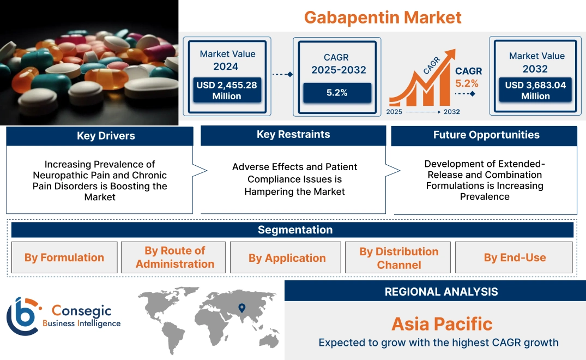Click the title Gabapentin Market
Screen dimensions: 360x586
point(382,17)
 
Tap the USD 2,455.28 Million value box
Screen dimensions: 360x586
point(227,91)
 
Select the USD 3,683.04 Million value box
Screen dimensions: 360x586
point(535,91)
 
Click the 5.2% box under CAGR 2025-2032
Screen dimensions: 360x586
point(337,93)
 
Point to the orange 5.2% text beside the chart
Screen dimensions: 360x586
point(467,83)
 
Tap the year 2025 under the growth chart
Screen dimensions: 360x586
point(394,112)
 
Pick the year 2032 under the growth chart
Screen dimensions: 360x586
point(451,112)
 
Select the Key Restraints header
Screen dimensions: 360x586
point(293,135)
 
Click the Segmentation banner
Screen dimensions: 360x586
point(295,230)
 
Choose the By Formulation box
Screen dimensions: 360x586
point(64,257)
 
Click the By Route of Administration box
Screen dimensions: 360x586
point(175,257)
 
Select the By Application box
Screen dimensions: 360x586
point(287,258)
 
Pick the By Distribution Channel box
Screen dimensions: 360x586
point(398,258)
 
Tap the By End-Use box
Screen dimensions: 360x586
point(515,258)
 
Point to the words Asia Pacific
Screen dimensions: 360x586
point(442,324)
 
